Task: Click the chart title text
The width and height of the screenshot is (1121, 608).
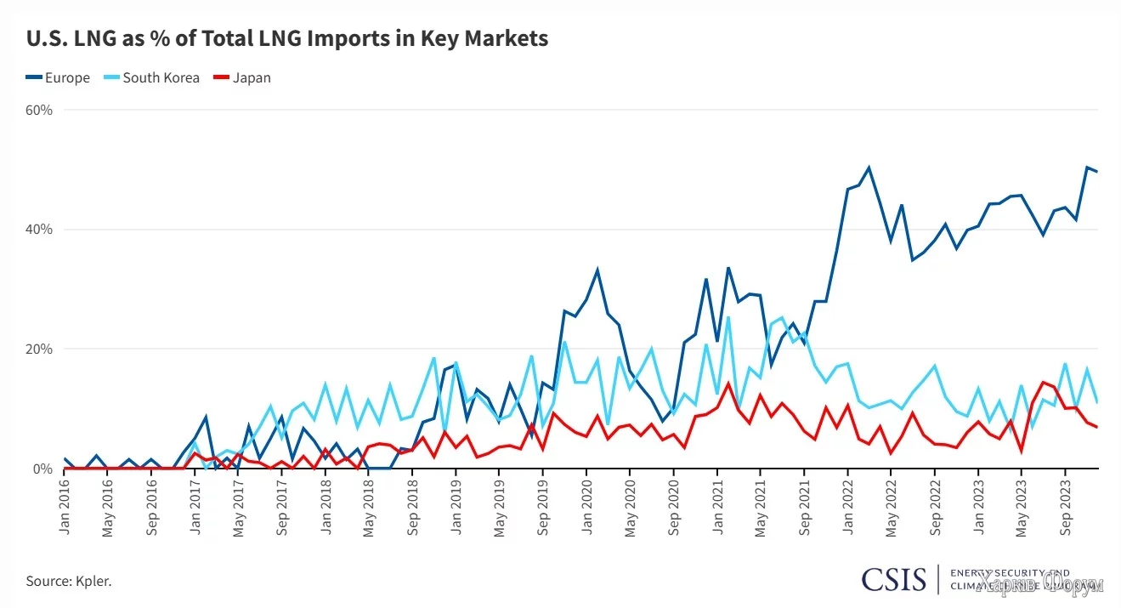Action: [x=287, y=39]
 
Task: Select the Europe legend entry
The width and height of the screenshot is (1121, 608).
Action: [x=58, y=77]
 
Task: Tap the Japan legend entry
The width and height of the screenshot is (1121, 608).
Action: [x=243, y=77]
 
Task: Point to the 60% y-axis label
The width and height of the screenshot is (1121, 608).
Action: [x=39, y=110]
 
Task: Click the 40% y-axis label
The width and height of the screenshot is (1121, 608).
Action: [x=39, y=230]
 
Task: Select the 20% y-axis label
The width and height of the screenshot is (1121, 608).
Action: [x=39, y=349]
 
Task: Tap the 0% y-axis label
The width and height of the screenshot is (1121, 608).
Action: [x=42, y=469]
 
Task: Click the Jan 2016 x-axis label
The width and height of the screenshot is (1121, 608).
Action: [x=65, y=509]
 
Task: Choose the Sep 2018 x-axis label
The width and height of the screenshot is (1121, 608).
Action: [x=413, y=509]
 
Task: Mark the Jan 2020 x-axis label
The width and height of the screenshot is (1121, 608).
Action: [x=586, y=509]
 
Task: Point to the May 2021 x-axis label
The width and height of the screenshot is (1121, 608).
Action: [x=761, y=509]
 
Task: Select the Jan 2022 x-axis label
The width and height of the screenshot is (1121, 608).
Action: [x=847, y=509]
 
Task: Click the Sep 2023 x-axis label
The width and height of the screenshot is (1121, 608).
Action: [x=1065, y=509]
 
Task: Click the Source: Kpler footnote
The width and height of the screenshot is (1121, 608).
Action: [x=69, y=582]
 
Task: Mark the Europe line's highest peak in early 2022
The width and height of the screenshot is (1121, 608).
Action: [x=869, y=168]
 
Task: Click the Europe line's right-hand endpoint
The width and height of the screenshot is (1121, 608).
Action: [x=1097, y=172]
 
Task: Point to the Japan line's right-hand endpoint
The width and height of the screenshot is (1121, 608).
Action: [x=1097, y=427]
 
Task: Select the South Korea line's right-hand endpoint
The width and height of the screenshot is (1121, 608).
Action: [x=1097, y=402]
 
